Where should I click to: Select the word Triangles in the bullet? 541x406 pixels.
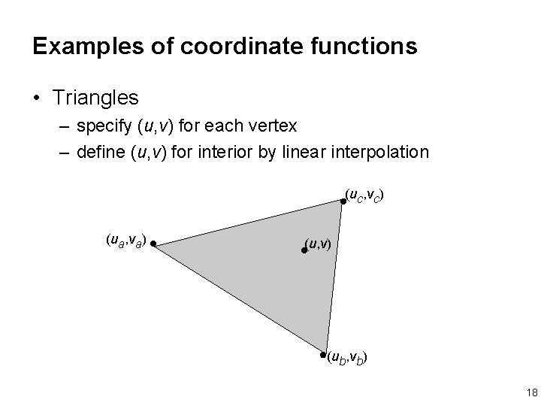point(95,97)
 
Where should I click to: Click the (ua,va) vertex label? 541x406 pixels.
point(125,241)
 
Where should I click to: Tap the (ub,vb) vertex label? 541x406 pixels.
point(347,358)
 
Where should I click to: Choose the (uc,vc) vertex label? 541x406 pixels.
point(366,198)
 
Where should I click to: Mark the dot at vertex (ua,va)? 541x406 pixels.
point(152,244)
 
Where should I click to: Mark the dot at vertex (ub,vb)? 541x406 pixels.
point(323,354)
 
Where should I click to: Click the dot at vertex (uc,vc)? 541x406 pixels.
point(343,201)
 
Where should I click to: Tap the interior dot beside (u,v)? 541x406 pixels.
point(304,250)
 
